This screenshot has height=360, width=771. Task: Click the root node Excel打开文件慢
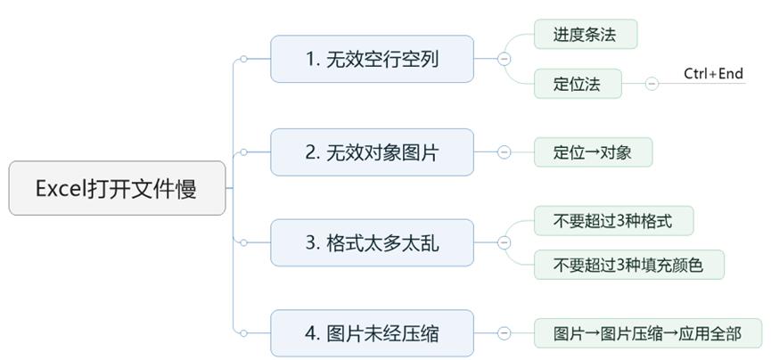pyautogui.click(x=117, y=188)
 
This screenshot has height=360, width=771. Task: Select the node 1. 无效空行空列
pyautogui.click(x=372, y=59)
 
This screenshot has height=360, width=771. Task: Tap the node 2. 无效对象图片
pyautogui.click(x=372, y=151)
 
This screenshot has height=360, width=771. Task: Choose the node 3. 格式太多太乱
pyautogui.click(x=372, y=242)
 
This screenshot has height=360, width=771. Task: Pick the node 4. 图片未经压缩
pyautogui.click(x=372, y=333)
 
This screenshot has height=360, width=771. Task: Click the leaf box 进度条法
pyautogui.click(x=585, y=35)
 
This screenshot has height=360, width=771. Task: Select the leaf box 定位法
pyautogui.click(x=577, y=84)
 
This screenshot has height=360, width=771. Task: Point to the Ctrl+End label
pyautogui.click(x=713, y=74)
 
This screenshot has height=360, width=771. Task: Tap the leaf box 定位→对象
pyautogui.click(x=593, y=152)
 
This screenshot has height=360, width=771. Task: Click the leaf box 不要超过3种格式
pyautogui.click(x=613, y=220)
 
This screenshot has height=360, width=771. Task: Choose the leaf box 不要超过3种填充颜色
pyautogui.click(x=629, y=265)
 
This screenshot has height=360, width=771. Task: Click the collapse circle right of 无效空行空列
pyautogui.click(x=504, y=59)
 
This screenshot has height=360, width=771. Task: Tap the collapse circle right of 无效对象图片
pyautogui.click(x=504, y=152)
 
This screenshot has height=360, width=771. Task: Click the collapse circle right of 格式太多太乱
pyautogui.click(x=504, y=242)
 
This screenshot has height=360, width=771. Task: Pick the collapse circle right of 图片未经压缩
pyautogui.click(x=504, y=333)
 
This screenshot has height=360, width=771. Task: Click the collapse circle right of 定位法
pyautogui.click(x=652, y=84)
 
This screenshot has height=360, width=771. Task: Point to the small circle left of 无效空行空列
pyautogui.click(x=243, y=60)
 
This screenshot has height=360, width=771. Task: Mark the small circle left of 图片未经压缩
pyautogui.click(x=243, y=333)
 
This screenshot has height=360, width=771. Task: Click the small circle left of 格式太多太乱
pyautogui.click(x=243, y=242)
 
